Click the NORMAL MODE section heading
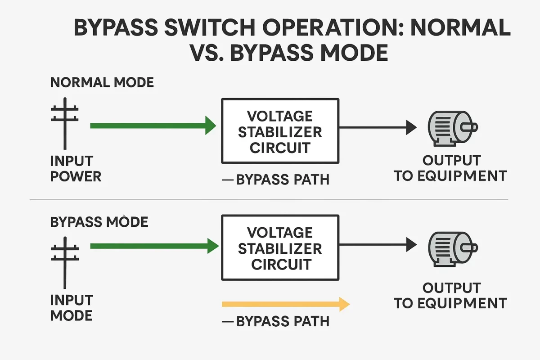coord(102,82)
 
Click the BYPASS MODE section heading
coord(99,222)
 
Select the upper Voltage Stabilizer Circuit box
coord(280,131)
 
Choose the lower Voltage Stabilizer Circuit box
coord(280,248)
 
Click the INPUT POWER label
coord(76,168)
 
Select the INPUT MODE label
coord(72,307)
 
